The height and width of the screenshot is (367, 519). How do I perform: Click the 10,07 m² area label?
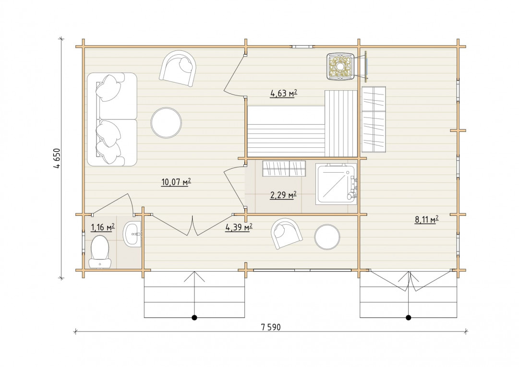tap(176, 182)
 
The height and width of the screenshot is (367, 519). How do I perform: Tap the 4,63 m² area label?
tap(284, 94)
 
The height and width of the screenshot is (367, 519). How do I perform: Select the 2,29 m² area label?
tap(283, 195)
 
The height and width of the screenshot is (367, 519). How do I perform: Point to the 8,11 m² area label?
tap(427, 220)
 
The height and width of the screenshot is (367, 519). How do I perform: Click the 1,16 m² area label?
tap(103, 227)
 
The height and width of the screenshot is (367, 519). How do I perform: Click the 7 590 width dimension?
tap(270, 327)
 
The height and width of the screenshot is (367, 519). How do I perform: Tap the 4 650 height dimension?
tap(57, 158)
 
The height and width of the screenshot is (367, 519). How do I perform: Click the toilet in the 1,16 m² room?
tap(100, 252)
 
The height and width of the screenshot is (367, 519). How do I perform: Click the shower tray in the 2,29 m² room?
tap(336, 183)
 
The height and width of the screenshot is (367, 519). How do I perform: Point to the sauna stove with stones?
tap(340, 67)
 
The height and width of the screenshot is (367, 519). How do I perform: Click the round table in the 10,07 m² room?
tap(166, 122)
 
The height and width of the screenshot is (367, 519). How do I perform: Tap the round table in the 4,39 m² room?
tap(327, 237)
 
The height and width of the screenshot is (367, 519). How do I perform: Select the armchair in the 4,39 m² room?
tap(287, 234)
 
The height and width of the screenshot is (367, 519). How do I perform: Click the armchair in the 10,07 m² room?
tap(178, 69)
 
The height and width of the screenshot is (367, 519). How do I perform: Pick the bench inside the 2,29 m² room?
tap(284, 168)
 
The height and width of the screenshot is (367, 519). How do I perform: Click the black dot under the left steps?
tap(194, 318)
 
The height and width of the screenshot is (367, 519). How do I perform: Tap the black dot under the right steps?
tap(409, 318)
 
